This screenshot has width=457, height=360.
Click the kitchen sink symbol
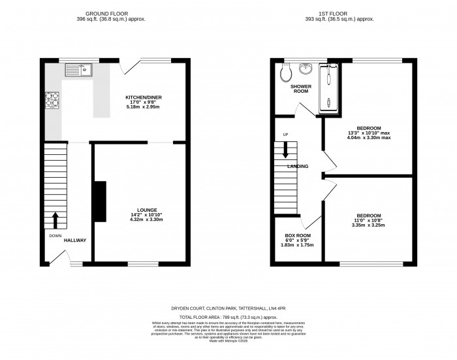pyautogui.click(x=84, y=67)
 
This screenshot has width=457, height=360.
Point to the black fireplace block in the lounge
pyautogui.click(x=99, y=203)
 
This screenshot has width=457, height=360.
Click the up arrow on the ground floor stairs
pyautogui.click(x=55, y=218)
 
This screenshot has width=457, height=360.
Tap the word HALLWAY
pyautogui.click(x=75, y=240)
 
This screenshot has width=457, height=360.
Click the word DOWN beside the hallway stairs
pyautogui.click(x=55, y=235)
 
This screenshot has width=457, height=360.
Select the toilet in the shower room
pyautogui.click(x=284, y=73)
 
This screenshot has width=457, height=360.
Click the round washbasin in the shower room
pyautogui.click(x=306, y=69)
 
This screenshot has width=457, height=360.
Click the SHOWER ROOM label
pyautogui.click(x=300, y=89)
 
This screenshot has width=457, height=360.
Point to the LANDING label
pyautogui.click(x=297, y=167)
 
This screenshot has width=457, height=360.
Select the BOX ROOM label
pyautogui.click(x=297, y=235)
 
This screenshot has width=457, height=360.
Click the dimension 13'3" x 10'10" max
pyautogui.click(x=369, y=133)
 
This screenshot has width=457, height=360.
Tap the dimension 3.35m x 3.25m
pyautogui.click(x=369, y=226)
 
